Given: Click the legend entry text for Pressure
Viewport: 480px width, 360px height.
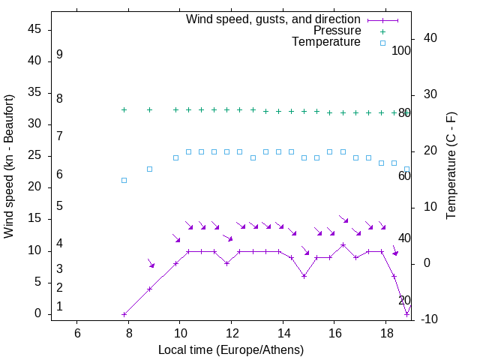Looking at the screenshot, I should [337, 31].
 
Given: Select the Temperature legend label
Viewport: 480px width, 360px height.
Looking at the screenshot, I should [326, 42].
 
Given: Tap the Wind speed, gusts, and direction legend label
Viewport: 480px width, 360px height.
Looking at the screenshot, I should [274, 19].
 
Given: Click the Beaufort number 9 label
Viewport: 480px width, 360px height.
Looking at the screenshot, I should [59, 55].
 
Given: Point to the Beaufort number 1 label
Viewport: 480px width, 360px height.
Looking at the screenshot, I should [59, 307].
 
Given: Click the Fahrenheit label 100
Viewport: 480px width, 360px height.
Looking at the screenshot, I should [401, 51].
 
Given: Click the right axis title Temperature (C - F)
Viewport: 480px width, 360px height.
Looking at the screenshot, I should [451, 166].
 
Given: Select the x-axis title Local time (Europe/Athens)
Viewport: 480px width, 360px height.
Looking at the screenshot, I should [231, 350].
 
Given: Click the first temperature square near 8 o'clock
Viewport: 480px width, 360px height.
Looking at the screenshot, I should [124, 180].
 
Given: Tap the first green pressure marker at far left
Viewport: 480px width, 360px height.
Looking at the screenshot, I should [124, 109].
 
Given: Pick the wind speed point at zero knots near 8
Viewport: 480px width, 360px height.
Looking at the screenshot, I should [124, 314].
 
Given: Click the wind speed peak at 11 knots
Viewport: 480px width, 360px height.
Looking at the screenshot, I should [343, 244].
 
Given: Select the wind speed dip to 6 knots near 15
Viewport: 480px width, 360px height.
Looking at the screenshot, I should [304, 276].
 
